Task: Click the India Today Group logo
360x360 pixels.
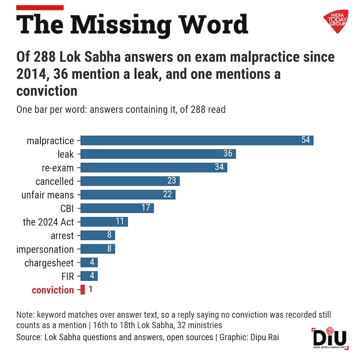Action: click(x=336, y=21)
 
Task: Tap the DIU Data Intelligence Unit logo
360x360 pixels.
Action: click(x=330, y=338)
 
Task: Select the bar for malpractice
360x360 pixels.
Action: click(x=197, y=140)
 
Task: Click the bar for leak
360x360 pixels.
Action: click(x=158, y=154)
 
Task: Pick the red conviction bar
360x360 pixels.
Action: click(x=83, y=289)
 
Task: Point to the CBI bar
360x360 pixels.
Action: click(x=117, y=208)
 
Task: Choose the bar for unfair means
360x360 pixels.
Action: click(x=128, y=194)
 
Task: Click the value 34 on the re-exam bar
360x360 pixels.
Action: click(x=219, y=167)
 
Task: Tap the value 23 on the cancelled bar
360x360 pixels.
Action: click(x=171, y=180)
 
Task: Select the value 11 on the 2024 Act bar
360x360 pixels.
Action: click(x=120, y=221)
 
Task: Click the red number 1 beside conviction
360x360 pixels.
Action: click(x=90, y=289)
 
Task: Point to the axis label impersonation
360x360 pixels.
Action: click(x=45, y=249)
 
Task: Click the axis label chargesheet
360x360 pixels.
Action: click(x=49, y=263)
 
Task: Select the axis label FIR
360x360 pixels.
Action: click(x=68, y=276)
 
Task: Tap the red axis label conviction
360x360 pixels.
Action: click(x=53, y=290)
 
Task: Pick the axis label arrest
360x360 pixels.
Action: click(x=62, y=236)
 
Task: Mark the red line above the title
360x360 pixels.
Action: click(x=40, y=8)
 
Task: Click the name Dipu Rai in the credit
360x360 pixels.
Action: click(x=264, y=337)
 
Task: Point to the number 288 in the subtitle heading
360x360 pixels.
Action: click(x=44, y=57)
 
